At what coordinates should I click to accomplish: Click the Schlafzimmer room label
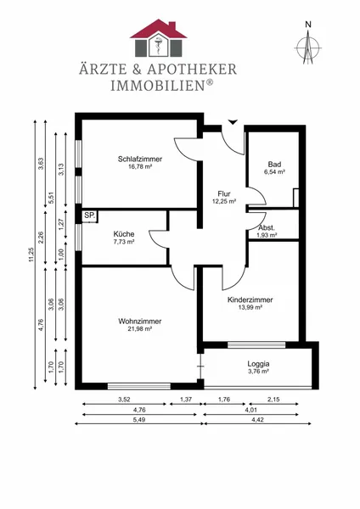coord(140,159)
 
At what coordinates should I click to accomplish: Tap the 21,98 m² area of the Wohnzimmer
coord(140,329)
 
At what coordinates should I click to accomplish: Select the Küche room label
coord(124,234)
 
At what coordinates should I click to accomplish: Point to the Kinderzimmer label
coord(250,299)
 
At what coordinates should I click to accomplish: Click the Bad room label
coord(274,165)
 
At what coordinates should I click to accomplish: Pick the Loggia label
coord(258,364)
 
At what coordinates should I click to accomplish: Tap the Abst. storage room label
coord(267,227)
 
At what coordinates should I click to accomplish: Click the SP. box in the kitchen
coord(90,215)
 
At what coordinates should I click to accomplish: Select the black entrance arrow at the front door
coord(233,122)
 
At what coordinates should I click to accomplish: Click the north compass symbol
coord(307,48)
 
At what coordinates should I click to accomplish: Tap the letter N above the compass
coord(308,24)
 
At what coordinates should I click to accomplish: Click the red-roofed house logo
coord(159,38)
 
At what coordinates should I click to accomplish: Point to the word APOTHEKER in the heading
coord(192,70)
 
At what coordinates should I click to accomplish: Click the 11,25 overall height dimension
coord(31,255)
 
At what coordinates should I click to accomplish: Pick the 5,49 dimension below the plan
coord(138,419)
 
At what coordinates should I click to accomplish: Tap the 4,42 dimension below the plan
coord(257,419)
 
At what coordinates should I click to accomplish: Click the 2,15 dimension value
coord(273,400)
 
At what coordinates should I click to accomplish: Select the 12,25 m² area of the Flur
coord(224,201)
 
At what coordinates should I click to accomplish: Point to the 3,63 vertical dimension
coord(42,164)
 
